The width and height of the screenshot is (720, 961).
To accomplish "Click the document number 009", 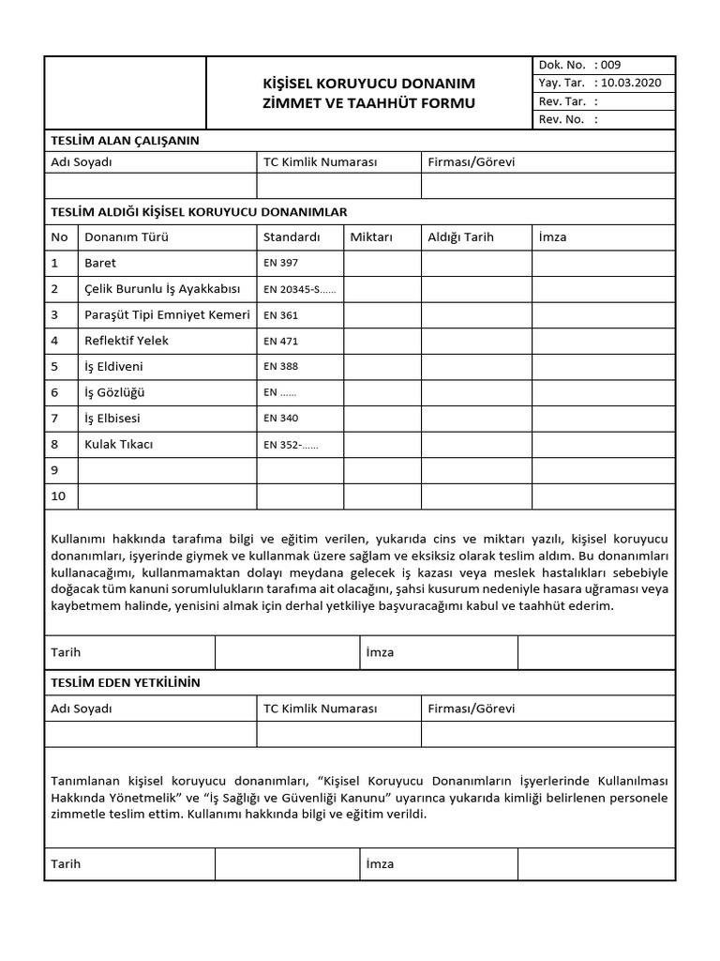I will (610, 65).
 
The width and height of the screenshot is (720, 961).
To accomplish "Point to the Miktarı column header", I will (370, 237).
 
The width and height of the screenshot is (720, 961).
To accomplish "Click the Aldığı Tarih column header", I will (460, 237).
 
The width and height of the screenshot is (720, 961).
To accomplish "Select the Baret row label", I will (100, 264).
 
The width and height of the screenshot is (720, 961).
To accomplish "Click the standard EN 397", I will (281, 264).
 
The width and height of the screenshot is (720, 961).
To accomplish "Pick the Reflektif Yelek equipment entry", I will (127, 341).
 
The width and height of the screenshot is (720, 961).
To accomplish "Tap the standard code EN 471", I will (281, 342).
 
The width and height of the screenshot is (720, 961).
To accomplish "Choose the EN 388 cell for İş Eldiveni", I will (281, 367).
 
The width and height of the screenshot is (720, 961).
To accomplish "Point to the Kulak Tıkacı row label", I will (118, 444).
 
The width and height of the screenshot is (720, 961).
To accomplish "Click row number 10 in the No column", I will (58, 496).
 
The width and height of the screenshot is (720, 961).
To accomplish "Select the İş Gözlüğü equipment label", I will (114, 392).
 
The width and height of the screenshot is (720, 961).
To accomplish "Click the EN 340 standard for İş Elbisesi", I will (281, 419).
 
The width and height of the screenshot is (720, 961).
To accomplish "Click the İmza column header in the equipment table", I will (553, 237).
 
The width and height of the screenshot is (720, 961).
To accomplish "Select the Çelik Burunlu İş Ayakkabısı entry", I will (163, 289).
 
